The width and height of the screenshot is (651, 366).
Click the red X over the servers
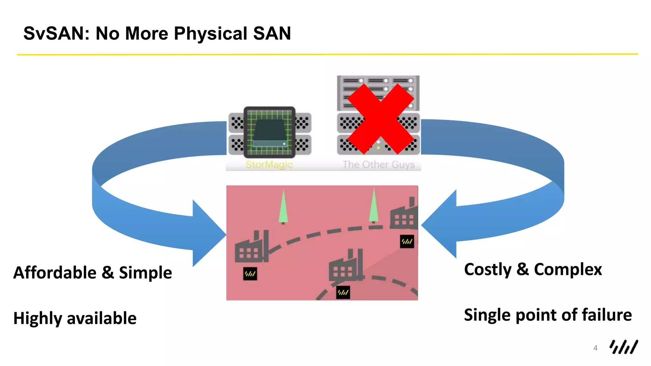(x=380, y=119)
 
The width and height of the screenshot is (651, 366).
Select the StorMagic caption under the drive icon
(x=269, y=165)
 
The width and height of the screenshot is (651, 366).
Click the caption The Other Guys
(x=378, y=165)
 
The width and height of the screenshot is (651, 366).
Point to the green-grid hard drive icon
(x=270, y=132)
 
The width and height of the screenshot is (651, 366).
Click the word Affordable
(x=55, y=273)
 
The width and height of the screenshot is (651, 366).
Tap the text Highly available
(x=75, y=318)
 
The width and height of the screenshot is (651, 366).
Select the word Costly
(x=488, y=269)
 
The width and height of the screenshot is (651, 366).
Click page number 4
(x=595, y=348)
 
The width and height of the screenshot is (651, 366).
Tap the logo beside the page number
(x=623, y=347)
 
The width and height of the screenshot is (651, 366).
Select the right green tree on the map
(x=373, y=206)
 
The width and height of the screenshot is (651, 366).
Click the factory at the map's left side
(x=251, y=248)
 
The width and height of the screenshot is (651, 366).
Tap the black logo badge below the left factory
(x=250, y=274)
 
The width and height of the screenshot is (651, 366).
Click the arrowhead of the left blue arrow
(x=208, y=234)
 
